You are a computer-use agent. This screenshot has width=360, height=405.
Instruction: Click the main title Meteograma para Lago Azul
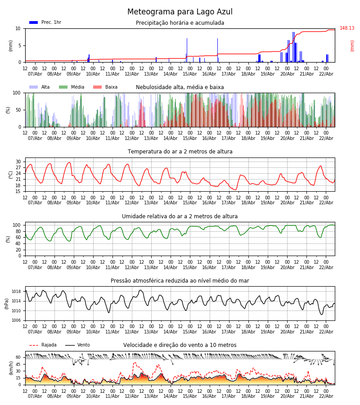180,12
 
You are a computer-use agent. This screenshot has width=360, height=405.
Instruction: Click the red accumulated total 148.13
347,28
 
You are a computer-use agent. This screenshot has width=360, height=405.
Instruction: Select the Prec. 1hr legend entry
45,22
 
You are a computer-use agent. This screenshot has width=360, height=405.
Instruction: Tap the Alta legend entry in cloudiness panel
40,87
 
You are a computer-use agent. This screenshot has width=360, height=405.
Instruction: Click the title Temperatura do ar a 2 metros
180,152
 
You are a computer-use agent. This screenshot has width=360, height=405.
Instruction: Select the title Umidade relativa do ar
180,216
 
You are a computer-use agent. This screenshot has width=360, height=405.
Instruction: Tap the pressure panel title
180,281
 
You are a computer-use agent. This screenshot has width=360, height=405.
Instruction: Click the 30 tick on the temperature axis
18,162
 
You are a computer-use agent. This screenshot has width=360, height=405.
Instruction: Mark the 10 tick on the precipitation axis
18,28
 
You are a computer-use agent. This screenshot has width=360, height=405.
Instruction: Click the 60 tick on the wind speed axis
18,357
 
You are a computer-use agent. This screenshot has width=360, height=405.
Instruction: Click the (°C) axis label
11,175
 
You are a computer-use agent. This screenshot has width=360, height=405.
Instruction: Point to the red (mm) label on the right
352,45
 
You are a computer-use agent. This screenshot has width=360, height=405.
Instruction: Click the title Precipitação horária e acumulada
180,23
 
